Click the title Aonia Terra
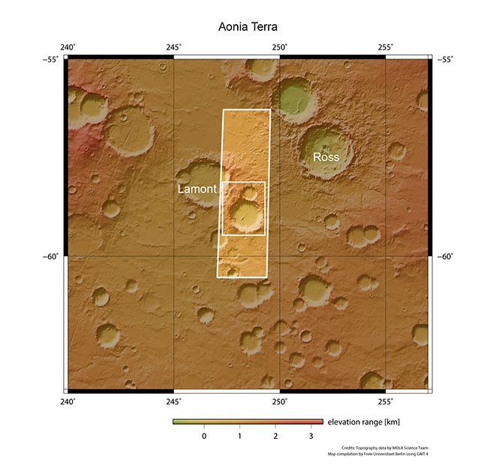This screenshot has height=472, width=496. coord(248,27)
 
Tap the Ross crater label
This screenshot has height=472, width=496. coord(326,158)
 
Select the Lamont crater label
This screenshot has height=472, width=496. coord(197,189)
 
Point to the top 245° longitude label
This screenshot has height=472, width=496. coord(173,47)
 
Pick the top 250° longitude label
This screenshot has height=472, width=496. coord(279,47)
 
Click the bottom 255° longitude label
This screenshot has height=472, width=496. coord(385,401)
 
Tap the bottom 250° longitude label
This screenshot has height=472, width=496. coord(279,401)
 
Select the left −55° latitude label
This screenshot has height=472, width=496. coord(53,59)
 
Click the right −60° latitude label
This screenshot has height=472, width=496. coord(444,256)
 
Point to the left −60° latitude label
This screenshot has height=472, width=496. coord(53,256)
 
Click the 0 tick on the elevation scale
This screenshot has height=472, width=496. coord(203,436)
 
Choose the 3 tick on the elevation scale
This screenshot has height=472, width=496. coord(311,436)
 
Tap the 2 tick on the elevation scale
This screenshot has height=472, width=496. coord(275,436)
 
